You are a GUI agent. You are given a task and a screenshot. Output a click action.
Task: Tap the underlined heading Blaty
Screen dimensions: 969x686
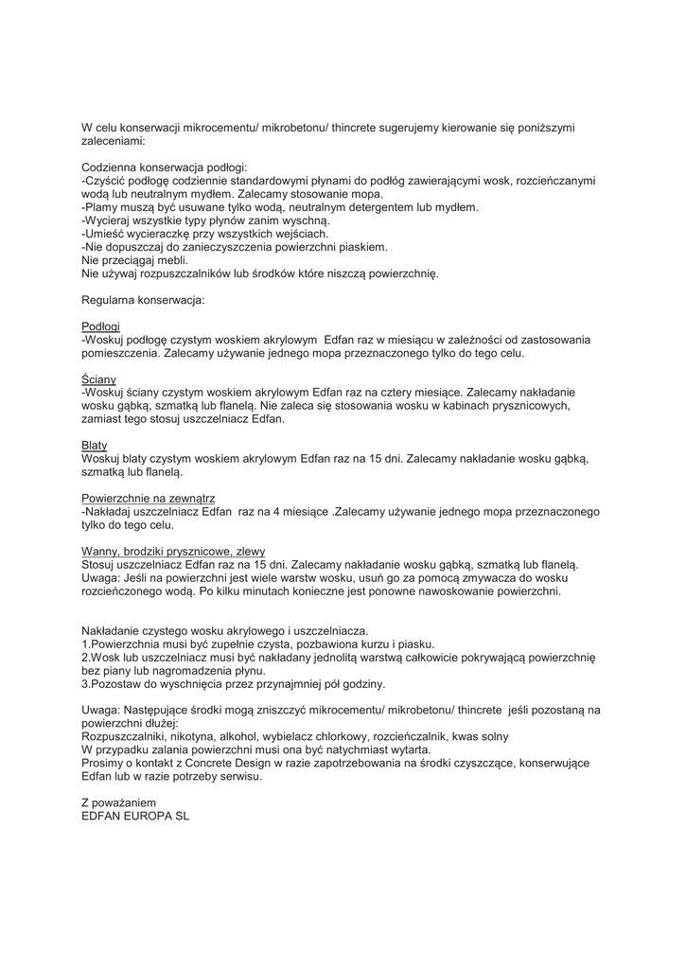(x=95, y=445)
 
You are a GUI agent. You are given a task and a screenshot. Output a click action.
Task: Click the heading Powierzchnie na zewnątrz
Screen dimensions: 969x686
(x=150, y=498)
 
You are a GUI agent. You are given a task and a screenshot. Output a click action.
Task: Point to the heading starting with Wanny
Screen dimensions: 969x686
(x=173, y=551)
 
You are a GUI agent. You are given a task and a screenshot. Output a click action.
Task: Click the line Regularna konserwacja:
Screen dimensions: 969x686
(x=143, y=300)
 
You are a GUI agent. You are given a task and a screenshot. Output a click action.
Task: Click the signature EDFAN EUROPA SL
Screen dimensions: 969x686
(x=135, y=816)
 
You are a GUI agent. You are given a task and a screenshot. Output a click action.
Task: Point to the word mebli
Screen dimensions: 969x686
(x=173, y=260)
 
